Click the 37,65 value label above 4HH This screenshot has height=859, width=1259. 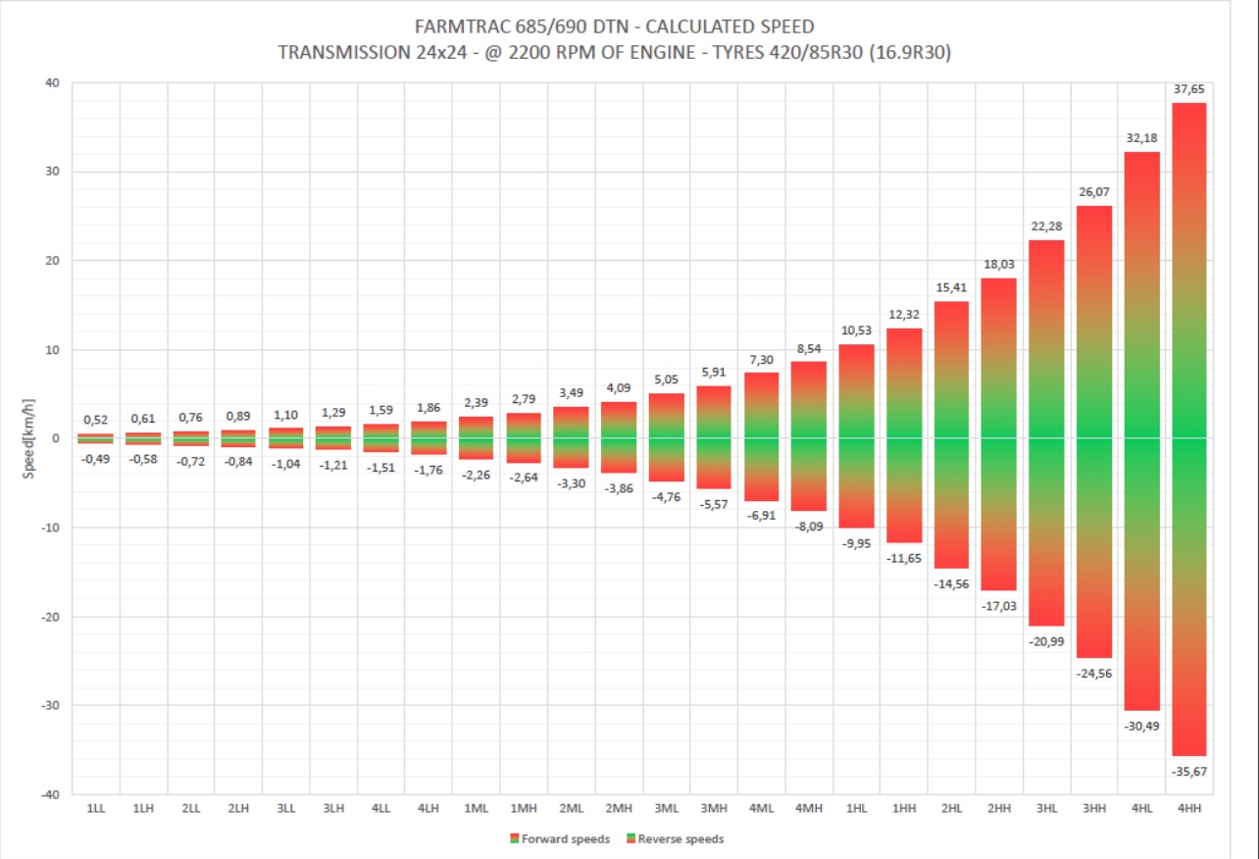tap(1188, 88)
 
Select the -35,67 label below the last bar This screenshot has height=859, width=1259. tap(1188, 772)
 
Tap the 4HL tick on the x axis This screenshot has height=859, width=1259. tap(1141, 808)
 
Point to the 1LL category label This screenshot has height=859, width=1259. tap(96, 808)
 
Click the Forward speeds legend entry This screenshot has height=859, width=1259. tap(560, 838)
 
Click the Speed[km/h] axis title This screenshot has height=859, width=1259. tap(30, 437)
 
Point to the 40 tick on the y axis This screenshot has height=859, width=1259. tap(52, 83)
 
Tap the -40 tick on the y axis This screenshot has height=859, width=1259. tap(50, 794)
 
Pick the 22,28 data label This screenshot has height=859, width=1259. tap(1046, 226)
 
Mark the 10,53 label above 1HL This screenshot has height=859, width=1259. tap(856, 329)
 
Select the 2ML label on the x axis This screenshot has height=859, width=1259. tap(572, 808)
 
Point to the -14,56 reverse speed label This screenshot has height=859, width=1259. tap(950, 583)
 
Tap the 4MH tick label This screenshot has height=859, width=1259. tap(808, 808)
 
